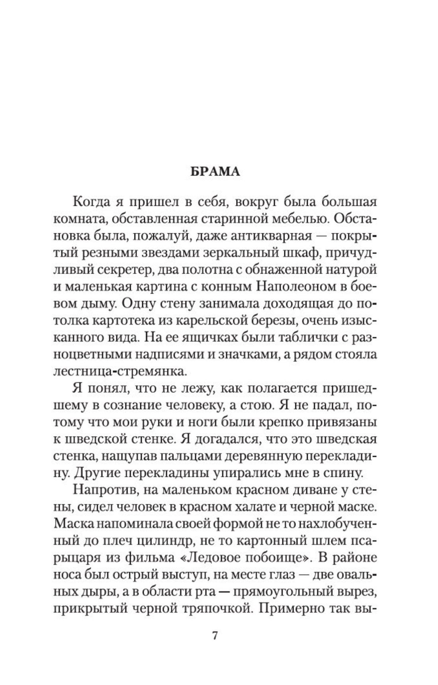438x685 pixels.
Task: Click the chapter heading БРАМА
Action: (x=215, y=172)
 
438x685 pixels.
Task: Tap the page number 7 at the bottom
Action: (x=215, y=636)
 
